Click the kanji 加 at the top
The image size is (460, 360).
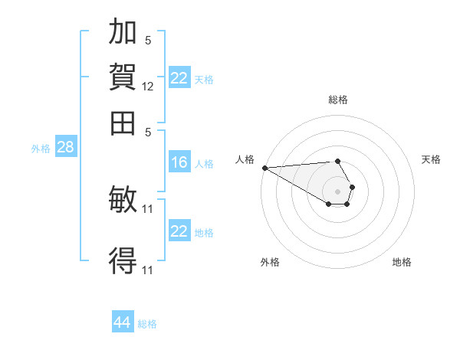[x=123, y=31]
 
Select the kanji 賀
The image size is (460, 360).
[x=123, y=77]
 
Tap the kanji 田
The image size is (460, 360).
[x=123, y=123]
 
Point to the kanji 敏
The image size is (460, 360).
[x=123, y=199]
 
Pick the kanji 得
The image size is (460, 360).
[x=123, y=260]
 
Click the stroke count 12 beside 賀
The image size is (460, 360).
[x=147, y=87]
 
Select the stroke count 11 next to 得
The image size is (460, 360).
[x=147, y=270]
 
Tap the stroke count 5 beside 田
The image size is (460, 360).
[x=148, y=133]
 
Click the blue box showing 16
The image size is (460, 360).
[x=179, y=162]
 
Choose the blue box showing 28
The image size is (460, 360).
[x=66, y=146]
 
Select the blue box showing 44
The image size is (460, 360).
[x=123, y=321]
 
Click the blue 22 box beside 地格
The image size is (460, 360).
[x=179, y=230]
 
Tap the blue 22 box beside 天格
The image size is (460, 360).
[x=179, y=77]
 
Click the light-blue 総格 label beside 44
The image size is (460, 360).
[x=147, y=324]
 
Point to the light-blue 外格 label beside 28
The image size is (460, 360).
[x=41, y=149]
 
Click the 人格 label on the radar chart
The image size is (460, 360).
[x=245, y=159]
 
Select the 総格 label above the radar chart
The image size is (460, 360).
[x=338, y=100]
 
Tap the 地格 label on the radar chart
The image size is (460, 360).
[x=402, y=262]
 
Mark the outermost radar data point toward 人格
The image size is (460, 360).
[x=265, y=168]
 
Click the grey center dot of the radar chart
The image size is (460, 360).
[x=337, y=191]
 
